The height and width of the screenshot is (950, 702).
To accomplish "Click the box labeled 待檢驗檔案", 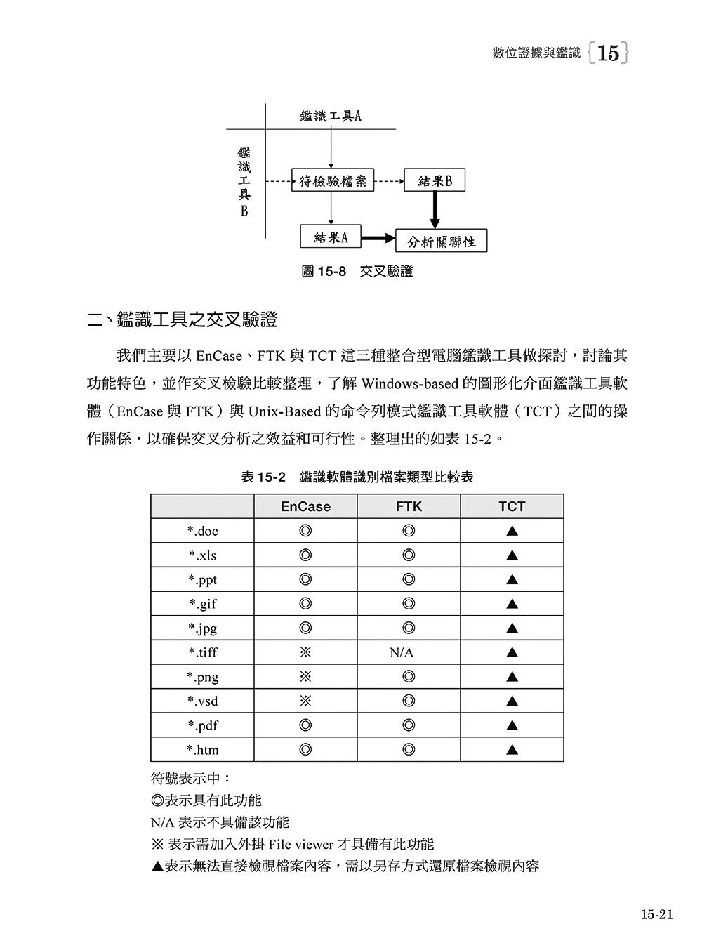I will [x=333, y=181].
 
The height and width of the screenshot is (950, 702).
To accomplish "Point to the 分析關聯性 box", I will [x=442, y=242].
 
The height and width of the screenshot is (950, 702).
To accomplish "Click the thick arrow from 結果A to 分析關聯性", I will [x=378, y=238].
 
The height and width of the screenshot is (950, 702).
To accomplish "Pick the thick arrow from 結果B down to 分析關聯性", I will [x=435, y=209].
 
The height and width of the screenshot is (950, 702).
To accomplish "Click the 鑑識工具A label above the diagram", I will [x=330, y=117].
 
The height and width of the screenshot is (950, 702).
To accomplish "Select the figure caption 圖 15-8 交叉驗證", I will [x=357, y=272].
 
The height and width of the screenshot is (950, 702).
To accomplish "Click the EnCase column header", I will [x=305, y=506].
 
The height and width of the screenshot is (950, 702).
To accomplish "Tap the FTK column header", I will [x=409, y=506].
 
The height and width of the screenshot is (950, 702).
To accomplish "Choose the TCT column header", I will [x=512, y=506].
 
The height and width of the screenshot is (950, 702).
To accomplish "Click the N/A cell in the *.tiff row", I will [x=402, y=653].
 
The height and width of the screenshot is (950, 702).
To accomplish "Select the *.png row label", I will [x=202, y=677].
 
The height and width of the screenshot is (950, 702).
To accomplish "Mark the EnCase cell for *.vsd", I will [x=305, y=701].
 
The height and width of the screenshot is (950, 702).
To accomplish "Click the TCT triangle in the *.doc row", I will [x=512, y=532].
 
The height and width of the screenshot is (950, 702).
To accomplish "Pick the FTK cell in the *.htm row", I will [x=409, y=750].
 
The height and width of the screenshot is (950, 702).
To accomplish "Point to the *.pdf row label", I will [x=202, y=725].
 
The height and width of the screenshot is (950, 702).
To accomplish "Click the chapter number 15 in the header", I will [x=608, y=53].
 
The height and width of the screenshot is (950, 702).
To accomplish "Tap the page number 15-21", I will [x=656, y=914].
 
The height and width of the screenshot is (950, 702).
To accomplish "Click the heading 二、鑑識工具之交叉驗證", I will [x=182, y=321].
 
